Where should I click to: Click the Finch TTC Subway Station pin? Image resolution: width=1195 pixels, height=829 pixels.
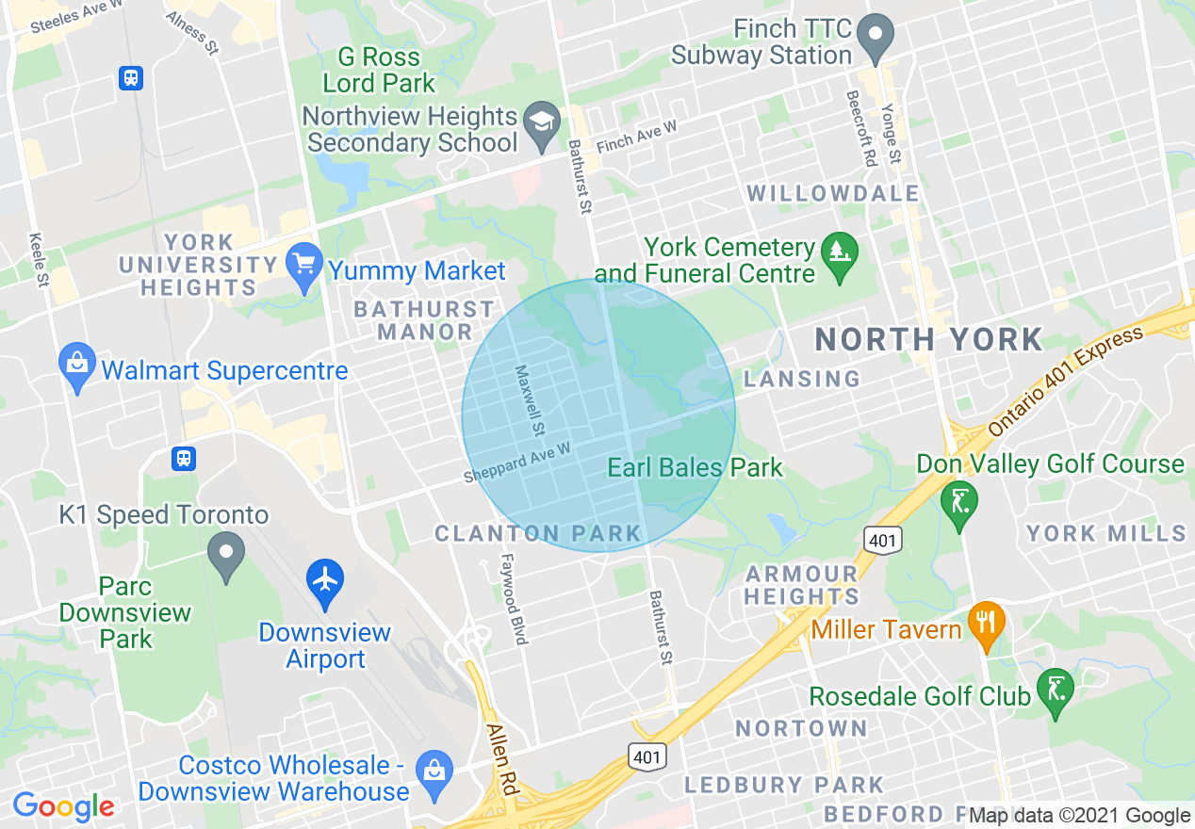[x=876, y=36]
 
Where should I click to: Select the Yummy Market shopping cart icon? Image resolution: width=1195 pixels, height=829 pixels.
[x=304, y=266]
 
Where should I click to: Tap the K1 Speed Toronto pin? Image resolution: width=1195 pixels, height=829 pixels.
[x=226, y=553]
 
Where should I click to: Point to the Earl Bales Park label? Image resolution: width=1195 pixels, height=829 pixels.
[x=695, y=467]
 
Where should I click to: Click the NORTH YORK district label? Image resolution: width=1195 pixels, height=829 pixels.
[x=928, y=339]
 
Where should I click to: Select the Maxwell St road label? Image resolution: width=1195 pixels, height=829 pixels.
[x=528, y=401]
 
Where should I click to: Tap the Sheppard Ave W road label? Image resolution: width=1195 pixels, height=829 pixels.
[x=517, y=463]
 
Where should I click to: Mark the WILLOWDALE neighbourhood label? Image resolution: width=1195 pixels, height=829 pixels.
[x=833, y=194]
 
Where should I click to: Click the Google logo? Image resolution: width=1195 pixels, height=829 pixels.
[x=63, y=806]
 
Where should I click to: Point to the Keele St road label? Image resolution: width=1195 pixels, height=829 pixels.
[x=39, y=259]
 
